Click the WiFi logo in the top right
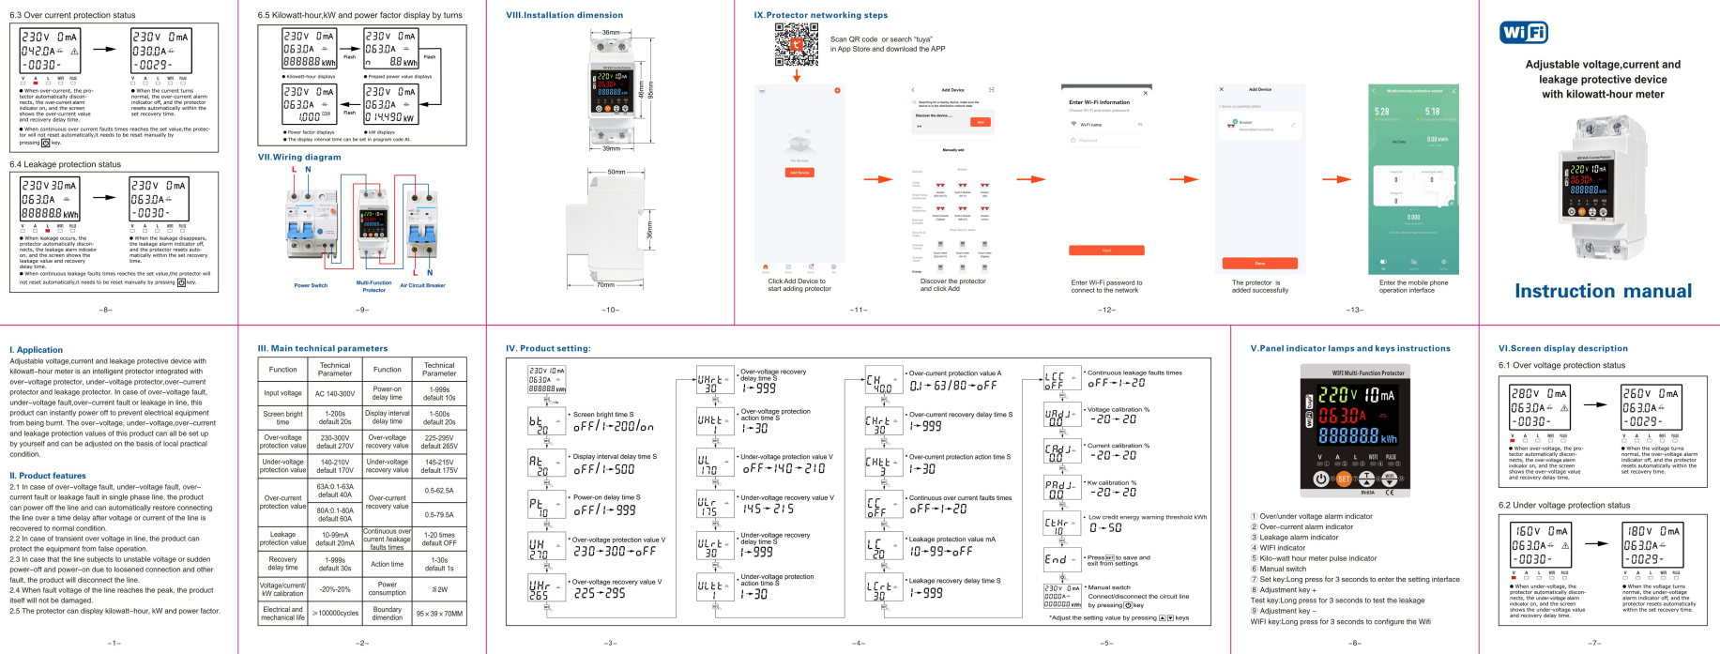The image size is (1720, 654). (x=1523, y=33)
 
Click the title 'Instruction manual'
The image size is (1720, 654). (x=1603, y=291)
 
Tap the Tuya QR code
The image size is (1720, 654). (x=796, y=44)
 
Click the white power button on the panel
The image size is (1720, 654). (x=1321, y=479)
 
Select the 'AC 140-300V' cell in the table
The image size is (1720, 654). (x=335, y=393)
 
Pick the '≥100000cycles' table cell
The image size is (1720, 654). (x=335, y=614)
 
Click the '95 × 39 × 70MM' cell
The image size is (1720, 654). (x=439, y=614)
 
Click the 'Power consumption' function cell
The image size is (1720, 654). (x=387, y=588)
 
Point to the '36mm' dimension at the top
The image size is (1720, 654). (x=610, y=33)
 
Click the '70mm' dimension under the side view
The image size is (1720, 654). (x=606, y=284)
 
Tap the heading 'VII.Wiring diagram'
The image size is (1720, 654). (x=299, y=157)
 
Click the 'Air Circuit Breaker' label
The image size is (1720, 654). (x=422, y=285)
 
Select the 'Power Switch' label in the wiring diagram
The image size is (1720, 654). (x=311, y=285)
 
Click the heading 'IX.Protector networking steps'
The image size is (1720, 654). (x=820, y=15)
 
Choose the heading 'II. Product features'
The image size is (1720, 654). (x=48, y=476)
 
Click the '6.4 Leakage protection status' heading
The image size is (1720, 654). (x=65, y=164)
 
